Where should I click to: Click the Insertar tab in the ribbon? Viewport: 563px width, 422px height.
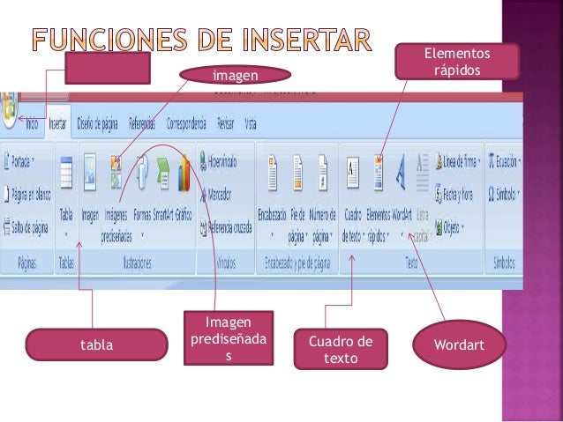click(x=59, y=122)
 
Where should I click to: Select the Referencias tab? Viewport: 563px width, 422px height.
click(x=142, y=122)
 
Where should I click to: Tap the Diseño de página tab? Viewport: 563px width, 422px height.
click(x=97, y=122)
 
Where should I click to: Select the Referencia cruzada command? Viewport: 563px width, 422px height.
click(x=229, y=225)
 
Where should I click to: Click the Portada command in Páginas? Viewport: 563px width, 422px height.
click(x=26, y=162)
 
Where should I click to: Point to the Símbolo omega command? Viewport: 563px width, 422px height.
click(x=504, y=192)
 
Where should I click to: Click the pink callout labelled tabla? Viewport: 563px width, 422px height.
click(x=97, y=344)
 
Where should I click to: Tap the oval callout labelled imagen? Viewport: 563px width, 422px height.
click(x=236, y=77)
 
